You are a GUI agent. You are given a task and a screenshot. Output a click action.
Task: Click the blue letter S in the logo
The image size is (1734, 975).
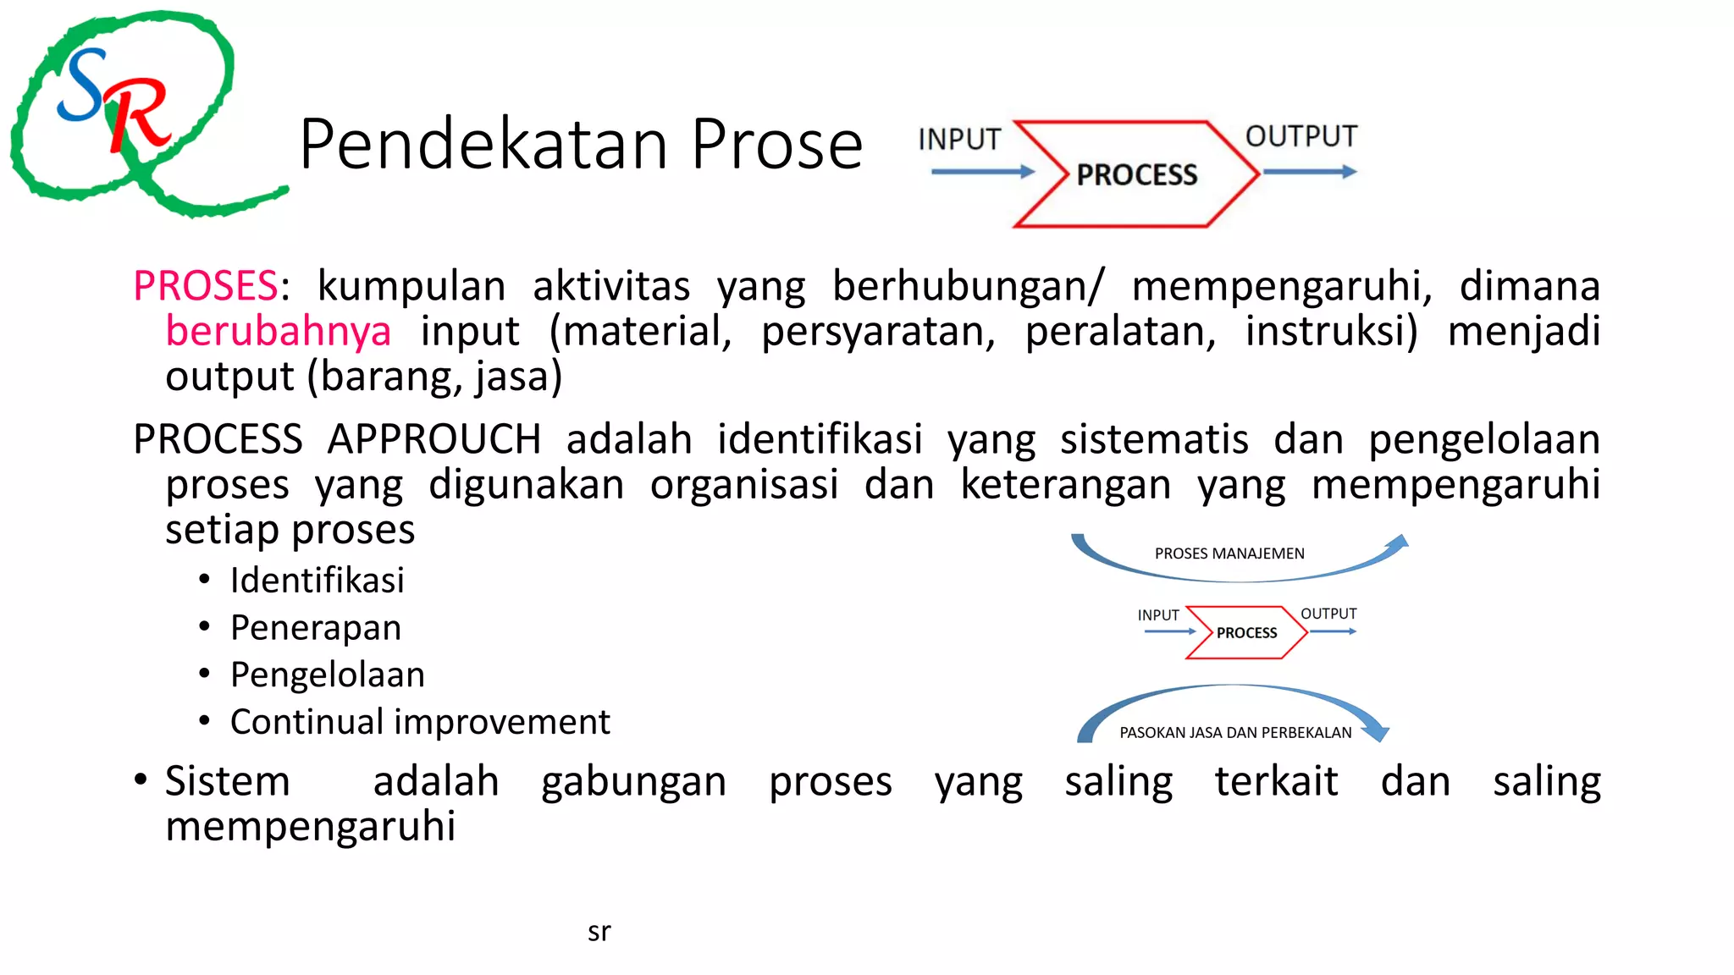coord(83,85)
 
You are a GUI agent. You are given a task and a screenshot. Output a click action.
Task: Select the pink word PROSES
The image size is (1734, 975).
coord(206,286)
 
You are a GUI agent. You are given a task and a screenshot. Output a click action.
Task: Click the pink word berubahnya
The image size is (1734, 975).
coord(279,331)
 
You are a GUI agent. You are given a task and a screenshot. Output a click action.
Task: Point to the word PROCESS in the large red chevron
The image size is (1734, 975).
coord(1136,175)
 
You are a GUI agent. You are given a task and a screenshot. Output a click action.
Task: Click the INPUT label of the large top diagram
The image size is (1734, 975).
coord(959,140)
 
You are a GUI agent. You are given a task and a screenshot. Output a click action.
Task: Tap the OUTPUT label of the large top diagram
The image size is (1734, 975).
coord(1301,136)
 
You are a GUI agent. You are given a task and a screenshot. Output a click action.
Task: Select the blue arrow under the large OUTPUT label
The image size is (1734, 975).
coord(1309,172)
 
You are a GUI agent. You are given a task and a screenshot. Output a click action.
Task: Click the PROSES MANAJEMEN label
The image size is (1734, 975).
coord(1229,554)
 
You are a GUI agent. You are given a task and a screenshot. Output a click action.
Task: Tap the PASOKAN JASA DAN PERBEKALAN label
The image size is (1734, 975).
coord(1235,733)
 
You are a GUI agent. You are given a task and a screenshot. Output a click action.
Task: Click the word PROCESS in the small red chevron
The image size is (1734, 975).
coord(1246,633)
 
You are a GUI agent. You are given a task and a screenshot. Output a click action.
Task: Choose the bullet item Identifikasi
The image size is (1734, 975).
coord(318,581)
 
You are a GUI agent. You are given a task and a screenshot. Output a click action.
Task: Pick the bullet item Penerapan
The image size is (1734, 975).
coord(316,628)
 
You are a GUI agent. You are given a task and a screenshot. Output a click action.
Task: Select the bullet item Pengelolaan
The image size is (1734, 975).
coord(328,675)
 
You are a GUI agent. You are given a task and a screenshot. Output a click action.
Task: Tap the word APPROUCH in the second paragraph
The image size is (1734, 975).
coord(434,439)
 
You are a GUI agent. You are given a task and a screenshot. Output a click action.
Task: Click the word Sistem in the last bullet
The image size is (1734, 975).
coord(228,781)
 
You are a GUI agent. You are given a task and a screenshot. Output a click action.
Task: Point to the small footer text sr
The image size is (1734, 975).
coord(599,932)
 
